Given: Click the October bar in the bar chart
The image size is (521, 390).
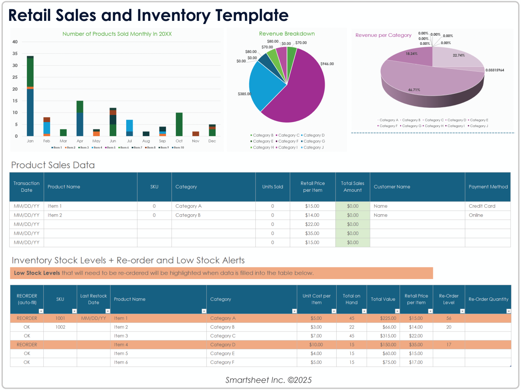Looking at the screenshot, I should [179, 125].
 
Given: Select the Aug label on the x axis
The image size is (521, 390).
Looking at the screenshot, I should [146, 141].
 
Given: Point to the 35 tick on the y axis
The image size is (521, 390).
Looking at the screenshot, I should [15, 54].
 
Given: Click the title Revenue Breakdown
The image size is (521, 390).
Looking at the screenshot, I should [287, 34].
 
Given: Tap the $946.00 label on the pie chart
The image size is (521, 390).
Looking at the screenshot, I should [327, 64].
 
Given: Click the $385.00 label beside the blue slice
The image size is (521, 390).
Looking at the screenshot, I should [244, 94].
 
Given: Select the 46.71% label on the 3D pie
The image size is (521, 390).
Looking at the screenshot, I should [414, 90].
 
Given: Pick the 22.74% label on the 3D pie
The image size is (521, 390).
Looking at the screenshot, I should [458, 55].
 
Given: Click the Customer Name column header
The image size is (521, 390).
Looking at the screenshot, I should [392, 187].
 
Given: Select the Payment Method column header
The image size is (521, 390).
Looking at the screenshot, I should [488, 187].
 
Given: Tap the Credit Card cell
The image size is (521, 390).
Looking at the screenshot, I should [482, 206].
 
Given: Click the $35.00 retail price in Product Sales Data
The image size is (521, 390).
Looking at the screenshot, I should [312, 233].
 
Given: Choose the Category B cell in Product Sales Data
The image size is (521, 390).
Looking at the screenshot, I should [188, 215].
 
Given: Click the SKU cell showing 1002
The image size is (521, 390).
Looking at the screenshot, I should [60, 327].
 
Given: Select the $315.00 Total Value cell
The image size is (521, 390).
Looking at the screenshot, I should [388, 336].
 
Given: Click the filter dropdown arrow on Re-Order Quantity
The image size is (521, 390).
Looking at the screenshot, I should [508, 311].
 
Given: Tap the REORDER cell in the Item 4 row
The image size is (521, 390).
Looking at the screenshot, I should [27, 345].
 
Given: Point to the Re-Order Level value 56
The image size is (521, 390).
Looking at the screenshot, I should [448, 318].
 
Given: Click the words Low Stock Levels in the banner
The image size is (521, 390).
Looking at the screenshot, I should [37, 273].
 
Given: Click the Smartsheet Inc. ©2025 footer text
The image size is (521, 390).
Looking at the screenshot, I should [268, 380].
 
